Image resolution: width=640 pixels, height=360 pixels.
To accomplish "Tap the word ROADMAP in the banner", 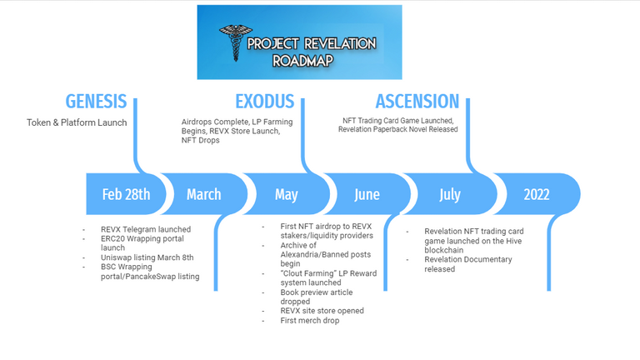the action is pos(302,61).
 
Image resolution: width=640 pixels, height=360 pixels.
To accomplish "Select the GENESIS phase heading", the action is pos(96,101).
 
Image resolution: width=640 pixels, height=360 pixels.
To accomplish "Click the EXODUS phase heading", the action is pos(264,101).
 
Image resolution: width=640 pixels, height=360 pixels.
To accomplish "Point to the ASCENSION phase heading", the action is pos(417,101).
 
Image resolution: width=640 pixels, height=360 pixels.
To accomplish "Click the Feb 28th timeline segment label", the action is pos(126,194).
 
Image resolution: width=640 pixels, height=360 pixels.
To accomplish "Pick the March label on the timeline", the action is pos(203,194).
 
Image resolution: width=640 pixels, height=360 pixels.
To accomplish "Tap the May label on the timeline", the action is pos(286,195).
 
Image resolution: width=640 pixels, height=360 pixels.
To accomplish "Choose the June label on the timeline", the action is pos(367,194).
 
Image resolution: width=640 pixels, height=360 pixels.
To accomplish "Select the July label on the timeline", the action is pos(450,195).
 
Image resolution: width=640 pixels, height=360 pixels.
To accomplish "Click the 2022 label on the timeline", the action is pos(537,194).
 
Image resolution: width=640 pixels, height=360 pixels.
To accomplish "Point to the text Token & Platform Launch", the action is pos(77,122).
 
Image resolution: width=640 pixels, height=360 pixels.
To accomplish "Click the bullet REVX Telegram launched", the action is pos(146,229).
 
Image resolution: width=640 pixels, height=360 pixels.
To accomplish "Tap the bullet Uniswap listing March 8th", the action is pos(147,257).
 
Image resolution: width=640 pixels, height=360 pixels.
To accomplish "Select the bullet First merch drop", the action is pos(310,320).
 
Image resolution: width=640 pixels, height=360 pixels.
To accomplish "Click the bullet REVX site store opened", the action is pos(322,311).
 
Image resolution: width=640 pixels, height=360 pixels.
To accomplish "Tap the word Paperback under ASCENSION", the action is pos(392,129).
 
